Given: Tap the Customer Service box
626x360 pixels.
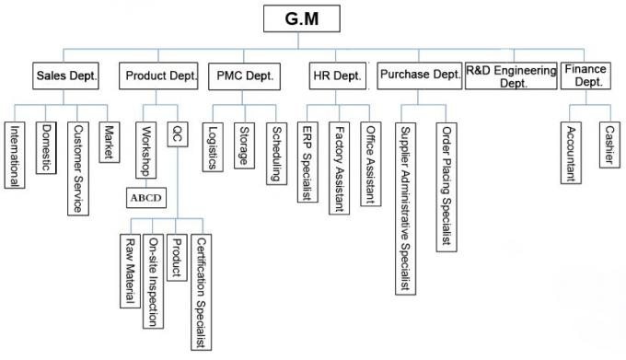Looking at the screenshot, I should [78, 168].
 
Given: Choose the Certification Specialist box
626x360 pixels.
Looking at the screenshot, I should [201, 291].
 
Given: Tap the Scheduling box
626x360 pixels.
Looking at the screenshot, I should [274, 152].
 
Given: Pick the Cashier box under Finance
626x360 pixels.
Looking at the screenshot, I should [609, 145].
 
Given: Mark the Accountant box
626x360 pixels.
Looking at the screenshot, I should [571, 152].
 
